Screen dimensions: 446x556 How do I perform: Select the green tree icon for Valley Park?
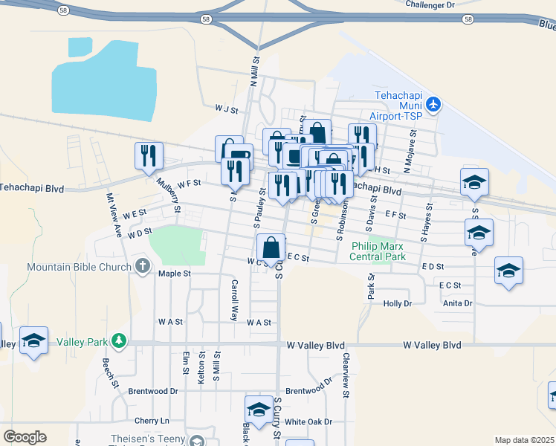(x=118, y=341)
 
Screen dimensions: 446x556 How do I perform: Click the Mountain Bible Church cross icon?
(x=142, y=266)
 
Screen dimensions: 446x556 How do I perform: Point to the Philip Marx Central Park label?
(x=379, y=252)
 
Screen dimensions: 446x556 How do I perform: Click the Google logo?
(x=25, y=437)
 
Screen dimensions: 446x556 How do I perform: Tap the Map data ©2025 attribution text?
(x=524, y=440)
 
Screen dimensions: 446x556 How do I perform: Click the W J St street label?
(x=225, y=109)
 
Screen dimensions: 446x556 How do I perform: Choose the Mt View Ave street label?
(x=114, y=215)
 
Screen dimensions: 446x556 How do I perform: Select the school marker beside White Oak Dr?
(x=259, y=410)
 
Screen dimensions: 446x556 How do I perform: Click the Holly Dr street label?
(x=397, y=303)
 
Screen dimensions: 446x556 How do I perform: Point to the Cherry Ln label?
(x=152, y=420)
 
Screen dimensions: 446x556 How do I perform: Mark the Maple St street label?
(x=175, y=274)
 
